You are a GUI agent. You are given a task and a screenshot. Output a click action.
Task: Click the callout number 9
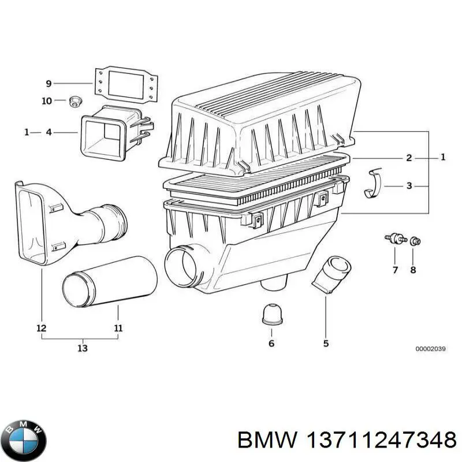49,83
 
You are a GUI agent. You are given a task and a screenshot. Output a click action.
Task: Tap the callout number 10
46,101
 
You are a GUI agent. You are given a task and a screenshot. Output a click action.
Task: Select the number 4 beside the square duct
49,133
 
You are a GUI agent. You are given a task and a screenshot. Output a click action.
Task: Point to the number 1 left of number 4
27,133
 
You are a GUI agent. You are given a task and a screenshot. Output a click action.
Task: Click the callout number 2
409,158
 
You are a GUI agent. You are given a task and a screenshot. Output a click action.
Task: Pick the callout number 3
409,186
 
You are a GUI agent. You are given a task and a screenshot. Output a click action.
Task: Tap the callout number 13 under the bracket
82,348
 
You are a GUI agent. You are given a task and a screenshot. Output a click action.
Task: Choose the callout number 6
271,344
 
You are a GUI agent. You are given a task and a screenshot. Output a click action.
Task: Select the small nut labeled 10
73,102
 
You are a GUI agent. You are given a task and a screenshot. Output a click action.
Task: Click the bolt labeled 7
394,239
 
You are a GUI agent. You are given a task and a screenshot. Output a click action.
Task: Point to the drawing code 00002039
430,349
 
